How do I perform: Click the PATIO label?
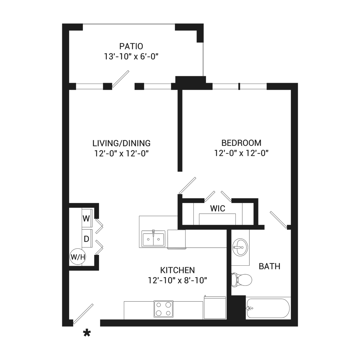tap(131, 46)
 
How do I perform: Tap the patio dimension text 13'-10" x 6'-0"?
tap(131, 57)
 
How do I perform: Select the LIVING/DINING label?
tap(121, 143)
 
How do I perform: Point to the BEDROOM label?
tap(241, 143)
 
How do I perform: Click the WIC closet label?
tap(218, 208)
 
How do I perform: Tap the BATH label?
tap(270, 266)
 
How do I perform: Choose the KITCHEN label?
tap(177, 270)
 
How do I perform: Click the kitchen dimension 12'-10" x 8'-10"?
tap(177, 280)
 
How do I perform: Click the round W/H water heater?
tap(78, 257)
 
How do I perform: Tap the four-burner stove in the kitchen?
tap(163, 309)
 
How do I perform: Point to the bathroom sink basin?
tap(240, 247)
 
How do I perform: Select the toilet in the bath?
tap(241, 280)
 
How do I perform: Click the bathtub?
tap(268, 308)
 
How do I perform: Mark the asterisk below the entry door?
tap(87, 333)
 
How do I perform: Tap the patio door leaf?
tap(121, 79)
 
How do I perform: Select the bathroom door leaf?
tap(279, 220)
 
